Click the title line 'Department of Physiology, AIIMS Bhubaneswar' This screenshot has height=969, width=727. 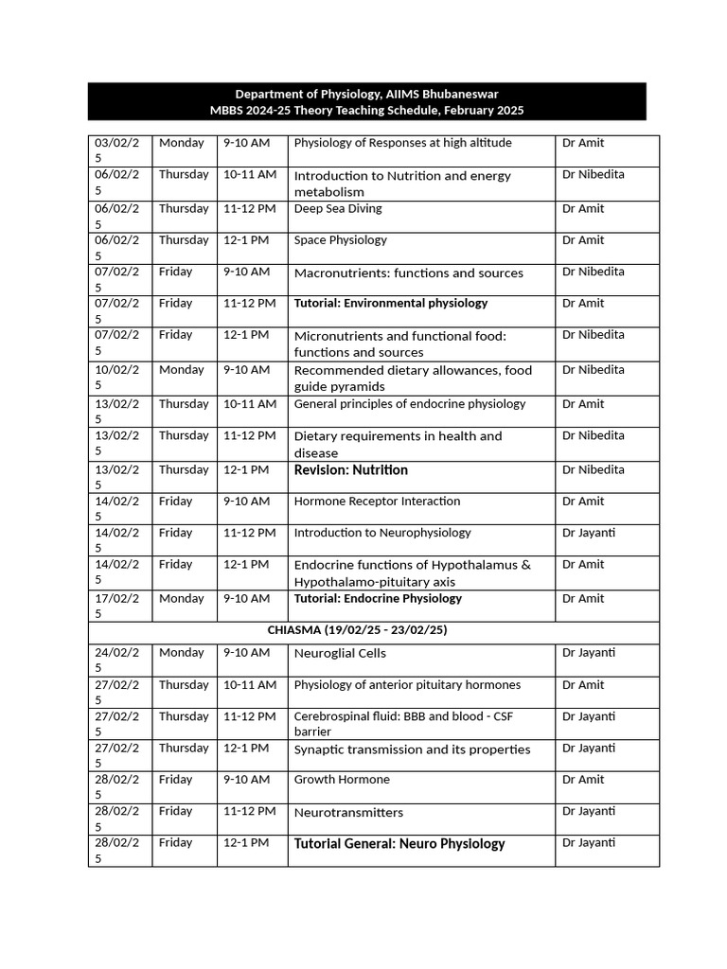366,94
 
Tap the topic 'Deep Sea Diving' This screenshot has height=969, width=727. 338,208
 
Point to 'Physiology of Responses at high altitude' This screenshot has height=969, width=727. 402,143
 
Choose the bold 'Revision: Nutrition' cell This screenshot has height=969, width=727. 350,470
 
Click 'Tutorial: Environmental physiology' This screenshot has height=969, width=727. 390,304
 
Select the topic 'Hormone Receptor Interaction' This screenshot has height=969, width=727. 377,502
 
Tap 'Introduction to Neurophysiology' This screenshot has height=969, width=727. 381,533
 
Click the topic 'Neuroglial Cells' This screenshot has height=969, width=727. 340,653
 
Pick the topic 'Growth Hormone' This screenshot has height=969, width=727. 341,780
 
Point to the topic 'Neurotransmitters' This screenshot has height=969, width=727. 348,812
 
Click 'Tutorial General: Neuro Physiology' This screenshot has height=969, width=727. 399,843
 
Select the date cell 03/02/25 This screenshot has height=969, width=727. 117,150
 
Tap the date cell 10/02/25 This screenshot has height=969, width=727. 117,377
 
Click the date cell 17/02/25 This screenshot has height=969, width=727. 117,605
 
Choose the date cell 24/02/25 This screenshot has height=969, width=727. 117,660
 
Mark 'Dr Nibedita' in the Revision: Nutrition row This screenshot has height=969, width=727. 593,470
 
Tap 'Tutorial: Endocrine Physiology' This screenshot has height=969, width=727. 378,598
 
